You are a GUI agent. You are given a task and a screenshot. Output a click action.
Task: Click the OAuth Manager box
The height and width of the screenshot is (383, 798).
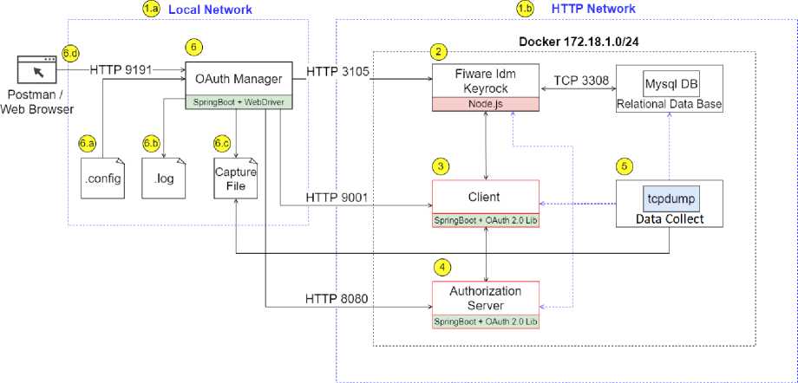[x=239, y=80]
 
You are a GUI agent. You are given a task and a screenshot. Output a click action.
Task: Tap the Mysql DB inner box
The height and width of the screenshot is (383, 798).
[x=670, y=85]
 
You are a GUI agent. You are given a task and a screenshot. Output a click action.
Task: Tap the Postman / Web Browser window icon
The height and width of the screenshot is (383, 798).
[x=37, y=70]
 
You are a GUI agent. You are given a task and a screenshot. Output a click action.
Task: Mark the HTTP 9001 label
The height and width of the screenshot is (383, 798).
[x=337, y=198]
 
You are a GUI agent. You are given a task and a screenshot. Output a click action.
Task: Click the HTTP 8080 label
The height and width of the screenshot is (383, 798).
[x=337, y=299]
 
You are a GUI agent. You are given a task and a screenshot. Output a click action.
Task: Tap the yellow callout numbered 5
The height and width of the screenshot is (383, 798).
[x=624, y=165]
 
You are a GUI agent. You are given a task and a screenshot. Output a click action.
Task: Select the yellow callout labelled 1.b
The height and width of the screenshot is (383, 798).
[x=525, y=9]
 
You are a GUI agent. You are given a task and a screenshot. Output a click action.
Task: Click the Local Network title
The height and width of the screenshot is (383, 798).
[x=210, y=10]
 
